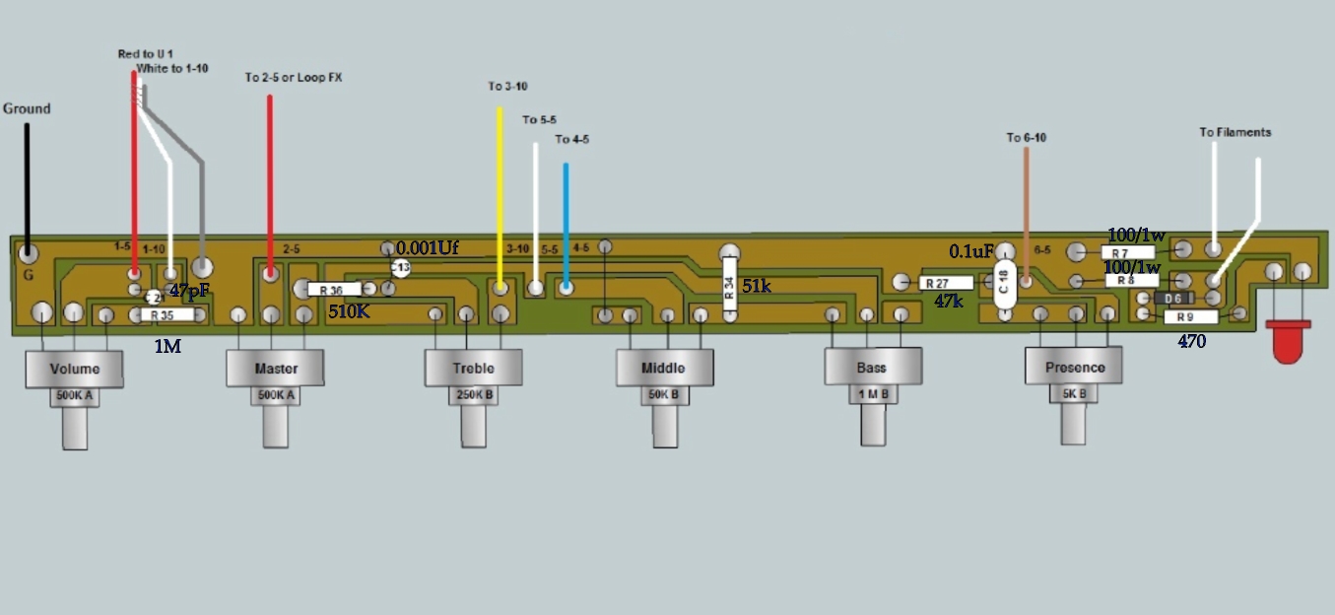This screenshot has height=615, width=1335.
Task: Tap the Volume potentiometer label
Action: pyautogui.click(x=75, y=369)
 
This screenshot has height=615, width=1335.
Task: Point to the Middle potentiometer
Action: pyautogui.click(x=663, y=368)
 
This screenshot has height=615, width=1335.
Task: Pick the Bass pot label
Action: pyautogui.click(x=872, y=368)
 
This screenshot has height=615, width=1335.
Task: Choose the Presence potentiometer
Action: pyautogui.click(x=1074, y=367)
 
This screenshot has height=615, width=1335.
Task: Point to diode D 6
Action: pyautogui.click(x=1173, y=298)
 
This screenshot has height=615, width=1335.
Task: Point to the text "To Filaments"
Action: pyautogui.click(x=1235, y=132)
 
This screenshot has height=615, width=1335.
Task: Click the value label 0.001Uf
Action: pyautogui.click(x=428, y=247)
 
